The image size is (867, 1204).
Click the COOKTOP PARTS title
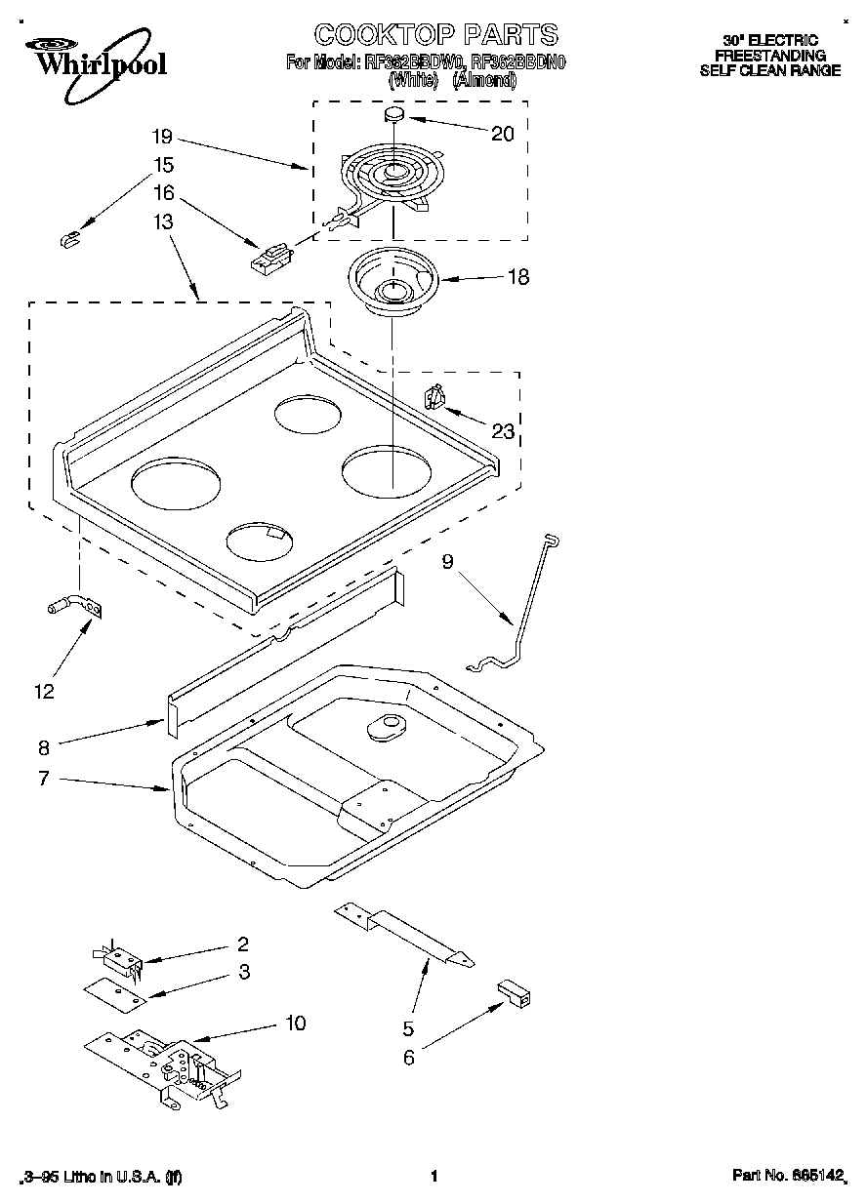[435, 35]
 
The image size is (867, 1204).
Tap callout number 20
[502, 135]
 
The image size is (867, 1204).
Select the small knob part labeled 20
[394, 116]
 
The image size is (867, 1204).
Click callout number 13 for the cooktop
[163, 221]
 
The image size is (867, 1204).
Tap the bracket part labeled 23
[435, 397]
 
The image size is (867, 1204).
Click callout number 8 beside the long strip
[43, 748]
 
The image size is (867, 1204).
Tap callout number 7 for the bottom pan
[43, 779]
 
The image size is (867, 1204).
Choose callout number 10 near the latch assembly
[295, 1023]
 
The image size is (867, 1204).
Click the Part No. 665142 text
[787, 1177]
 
